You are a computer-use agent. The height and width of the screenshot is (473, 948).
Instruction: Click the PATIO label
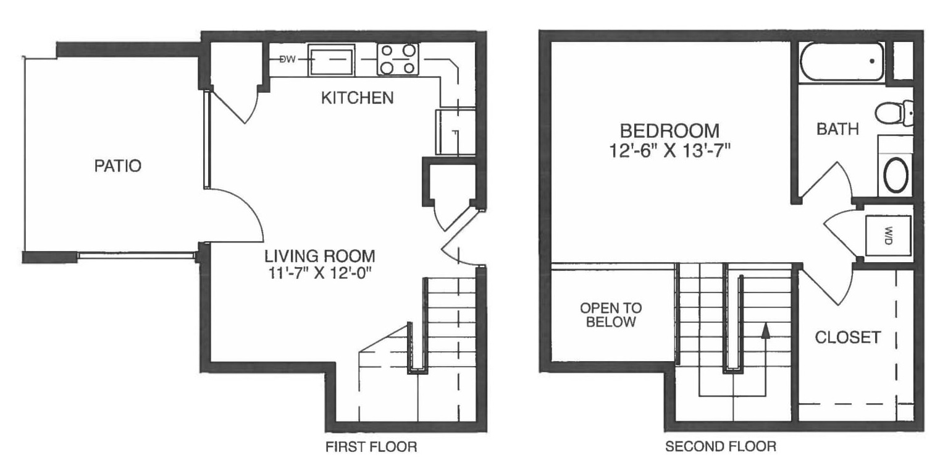[x=117, y=166]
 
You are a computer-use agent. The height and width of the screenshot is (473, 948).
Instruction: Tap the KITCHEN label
[x=357, y=98]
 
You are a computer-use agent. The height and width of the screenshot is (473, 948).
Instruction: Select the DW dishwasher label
[x=287, y=60]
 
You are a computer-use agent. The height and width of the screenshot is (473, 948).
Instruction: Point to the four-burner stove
[x=397, y=60]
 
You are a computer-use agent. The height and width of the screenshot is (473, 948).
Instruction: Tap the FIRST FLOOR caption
[x=371, y=446]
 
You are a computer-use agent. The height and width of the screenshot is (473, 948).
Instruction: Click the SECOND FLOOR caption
[x=720, y=446]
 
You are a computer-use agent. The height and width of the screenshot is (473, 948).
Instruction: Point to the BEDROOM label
[x=669, y=130]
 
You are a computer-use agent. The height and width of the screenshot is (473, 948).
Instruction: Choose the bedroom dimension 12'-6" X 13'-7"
[x=669, y=150]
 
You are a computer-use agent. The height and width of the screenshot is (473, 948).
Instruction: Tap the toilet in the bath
[x=893, y=113]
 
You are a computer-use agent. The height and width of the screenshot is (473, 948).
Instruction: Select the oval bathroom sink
[x=897, y=175]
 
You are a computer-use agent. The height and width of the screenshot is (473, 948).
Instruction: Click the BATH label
[x=837, y=129]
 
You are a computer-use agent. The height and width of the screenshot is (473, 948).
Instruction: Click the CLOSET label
[x=847, y=337]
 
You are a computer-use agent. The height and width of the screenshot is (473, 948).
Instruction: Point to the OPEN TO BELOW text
[x=610, y=315]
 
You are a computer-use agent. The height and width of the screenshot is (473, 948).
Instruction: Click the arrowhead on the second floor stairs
[x=765, y=330]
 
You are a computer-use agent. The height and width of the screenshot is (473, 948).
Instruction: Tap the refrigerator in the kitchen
[x=456, y=132]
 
